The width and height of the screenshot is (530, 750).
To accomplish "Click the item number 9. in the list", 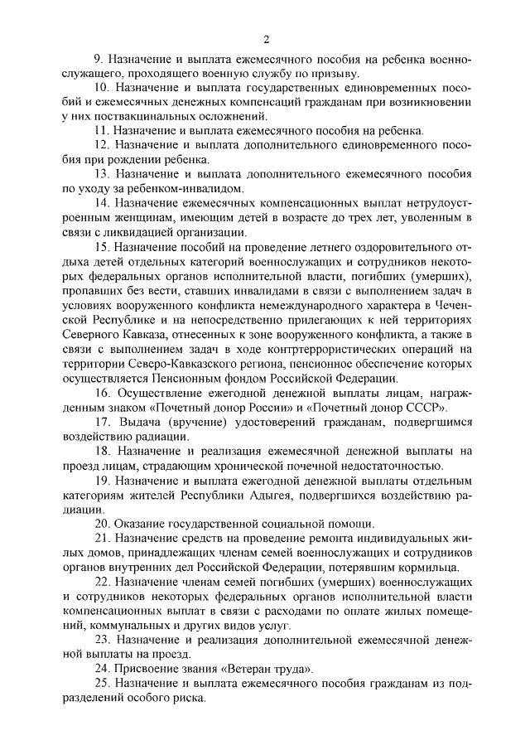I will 98,60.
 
